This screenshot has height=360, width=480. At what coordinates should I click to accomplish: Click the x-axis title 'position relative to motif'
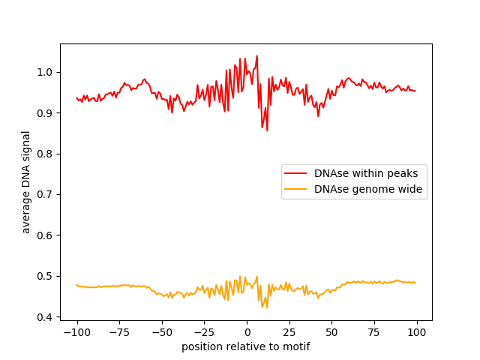click(246, 346)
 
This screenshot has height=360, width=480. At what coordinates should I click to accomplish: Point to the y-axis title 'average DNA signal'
click(26, 181)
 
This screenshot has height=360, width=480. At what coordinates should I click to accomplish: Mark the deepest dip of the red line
click(267, 130)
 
